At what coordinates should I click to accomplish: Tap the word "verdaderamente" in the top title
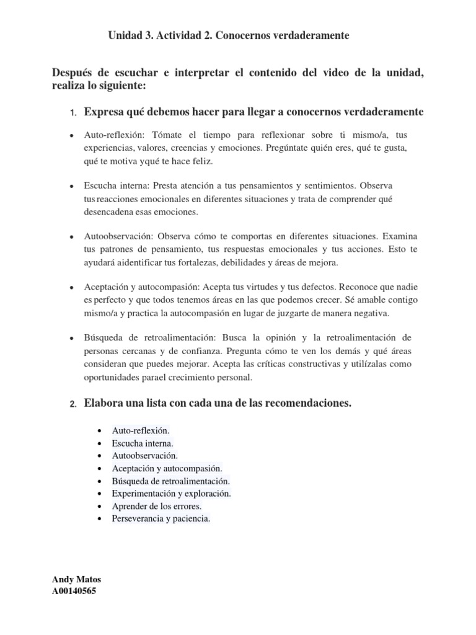[x=313, y=36]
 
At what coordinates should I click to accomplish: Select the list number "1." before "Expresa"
[x=72, y=113]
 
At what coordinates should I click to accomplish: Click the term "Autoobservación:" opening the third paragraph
[x=118, y=236]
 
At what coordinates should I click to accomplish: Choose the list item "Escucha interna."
[x=143, y=443]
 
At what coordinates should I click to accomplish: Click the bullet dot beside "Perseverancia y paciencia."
[x=100, y=518]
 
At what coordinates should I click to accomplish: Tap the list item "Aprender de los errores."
[x=157, y=506]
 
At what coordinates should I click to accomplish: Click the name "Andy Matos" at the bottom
[x=77, y=579]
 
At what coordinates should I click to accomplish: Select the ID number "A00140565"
[x=74, y=591]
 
